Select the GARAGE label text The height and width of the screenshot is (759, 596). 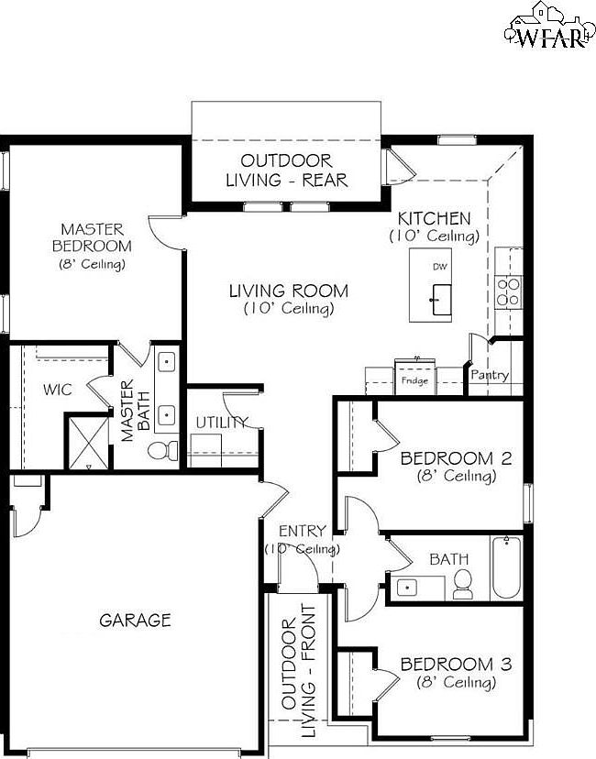click(x=135, y=621)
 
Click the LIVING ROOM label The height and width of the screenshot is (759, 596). click(x=288, y=291)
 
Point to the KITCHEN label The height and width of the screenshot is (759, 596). click(x=434, y=219)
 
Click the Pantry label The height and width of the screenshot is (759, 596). click(x=489, y=375)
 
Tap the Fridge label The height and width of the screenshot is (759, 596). click(x=414, y=380)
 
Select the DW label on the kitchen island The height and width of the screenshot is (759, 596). click(x=437, y=267)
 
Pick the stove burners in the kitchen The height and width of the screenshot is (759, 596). click(x=508, y=291)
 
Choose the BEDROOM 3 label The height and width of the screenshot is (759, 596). click(x=456, y=664)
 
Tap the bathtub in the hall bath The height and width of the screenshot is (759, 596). click(x=506, y=568)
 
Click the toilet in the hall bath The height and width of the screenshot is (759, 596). click(x=462, y=582)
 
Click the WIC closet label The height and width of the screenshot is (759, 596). click(x=58, y=389)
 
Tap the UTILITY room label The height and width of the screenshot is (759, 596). click(x=221, y=423)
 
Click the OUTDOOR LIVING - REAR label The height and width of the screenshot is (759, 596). click(x=287, y=170)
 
